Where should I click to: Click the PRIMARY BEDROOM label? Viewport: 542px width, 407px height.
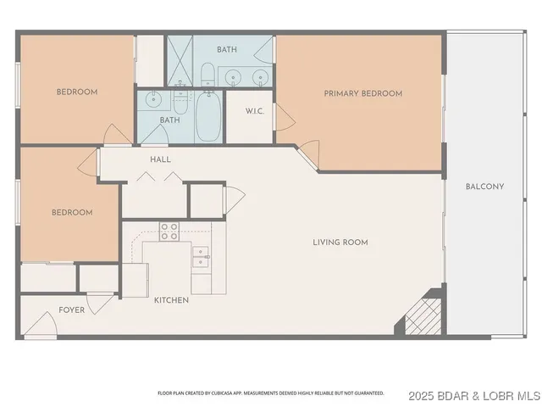click(362, 93)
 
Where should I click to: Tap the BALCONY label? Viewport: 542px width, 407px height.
click(484, 187)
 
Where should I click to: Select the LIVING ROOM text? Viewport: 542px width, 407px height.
click(340, 243)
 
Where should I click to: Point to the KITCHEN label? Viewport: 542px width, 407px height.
click(170, 300)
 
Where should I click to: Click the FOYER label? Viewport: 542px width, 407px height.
click(71, 310)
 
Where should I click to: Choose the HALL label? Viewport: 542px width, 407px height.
click(160, 159)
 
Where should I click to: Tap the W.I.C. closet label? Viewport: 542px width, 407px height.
click(257, 111)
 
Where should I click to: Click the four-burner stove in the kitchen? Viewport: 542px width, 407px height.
click(169, 231)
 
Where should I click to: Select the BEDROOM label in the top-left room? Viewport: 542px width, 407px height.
click(77, 92)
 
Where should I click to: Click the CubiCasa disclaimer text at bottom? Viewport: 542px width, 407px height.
click(270, 393)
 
